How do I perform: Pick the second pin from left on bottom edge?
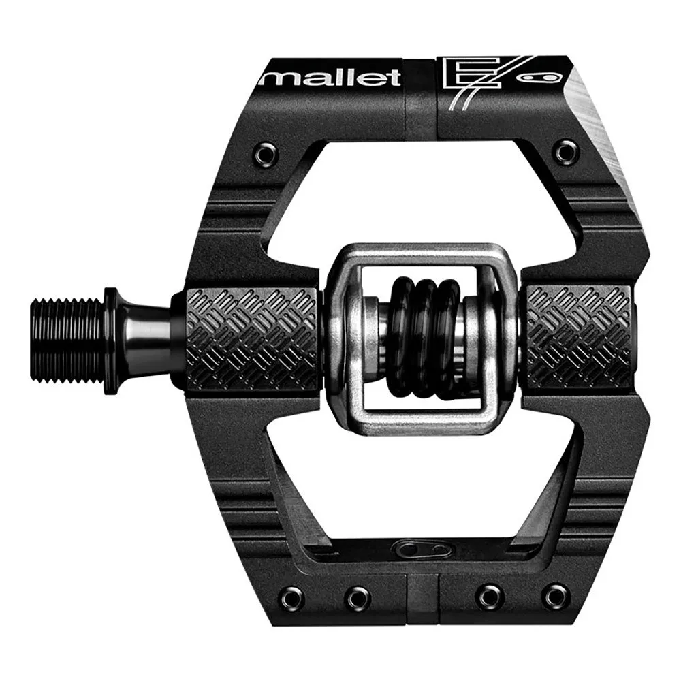356,597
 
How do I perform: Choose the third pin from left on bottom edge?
489,597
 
